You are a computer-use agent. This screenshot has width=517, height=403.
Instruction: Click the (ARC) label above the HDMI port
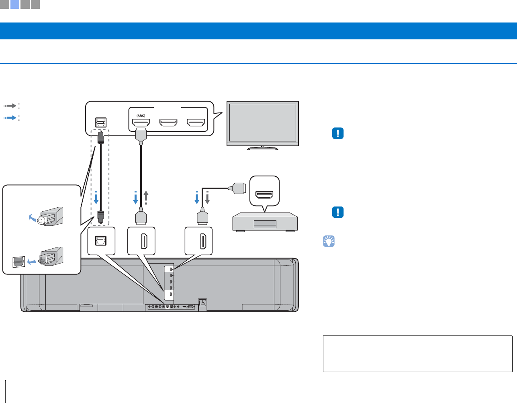point(141,116)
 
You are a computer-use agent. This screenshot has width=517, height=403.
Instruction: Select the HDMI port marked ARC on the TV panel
point(141,123)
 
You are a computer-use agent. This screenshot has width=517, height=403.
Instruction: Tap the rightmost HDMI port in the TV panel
point(196,123)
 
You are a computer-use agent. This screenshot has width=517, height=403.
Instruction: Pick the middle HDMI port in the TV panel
point(168,123)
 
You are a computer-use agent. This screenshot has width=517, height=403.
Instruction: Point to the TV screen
point(263,122)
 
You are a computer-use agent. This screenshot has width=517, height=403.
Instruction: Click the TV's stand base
point(263,148)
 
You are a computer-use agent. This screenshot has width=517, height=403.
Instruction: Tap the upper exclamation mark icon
point(338,133)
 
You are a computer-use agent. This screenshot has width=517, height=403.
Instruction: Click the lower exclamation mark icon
point(338,212)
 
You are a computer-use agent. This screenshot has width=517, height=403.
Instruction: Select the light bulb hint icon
point(329,241)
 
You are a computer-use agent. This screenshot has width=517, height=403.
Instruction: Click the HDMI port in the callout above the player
point(264,195)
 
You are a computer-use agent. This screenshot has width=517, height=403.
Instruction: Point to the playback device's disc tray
point(265,224)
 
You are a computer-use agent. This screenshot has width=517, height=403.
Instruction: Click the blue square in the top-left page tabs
point(15,4)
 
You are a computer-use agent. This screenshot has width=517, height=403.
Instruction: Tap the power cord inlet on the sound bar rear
point(202,303)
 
